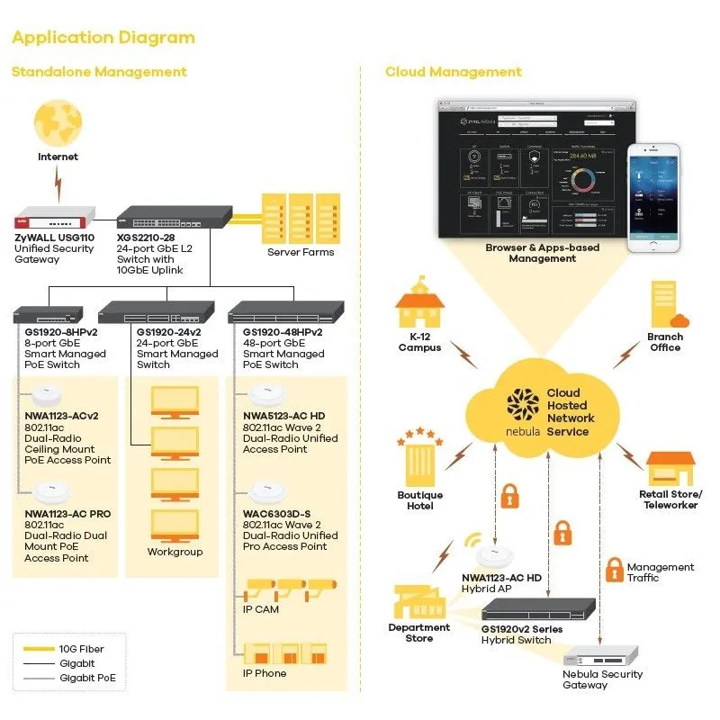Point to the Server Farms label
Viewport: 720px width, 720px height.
(301, 252)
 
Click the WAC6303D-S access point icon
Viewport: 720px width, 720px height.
(267, 492)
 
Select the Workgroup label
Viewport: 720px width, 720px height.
(175, 552)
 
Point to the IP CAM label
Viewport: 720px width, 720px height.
(261, 609)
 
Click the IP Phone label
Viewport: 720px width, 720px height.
(265, 673)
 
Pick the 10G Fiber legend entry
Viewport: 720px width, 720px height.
(80, 649)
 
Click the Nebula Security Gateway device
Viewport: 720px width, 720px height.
(601, 656)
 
